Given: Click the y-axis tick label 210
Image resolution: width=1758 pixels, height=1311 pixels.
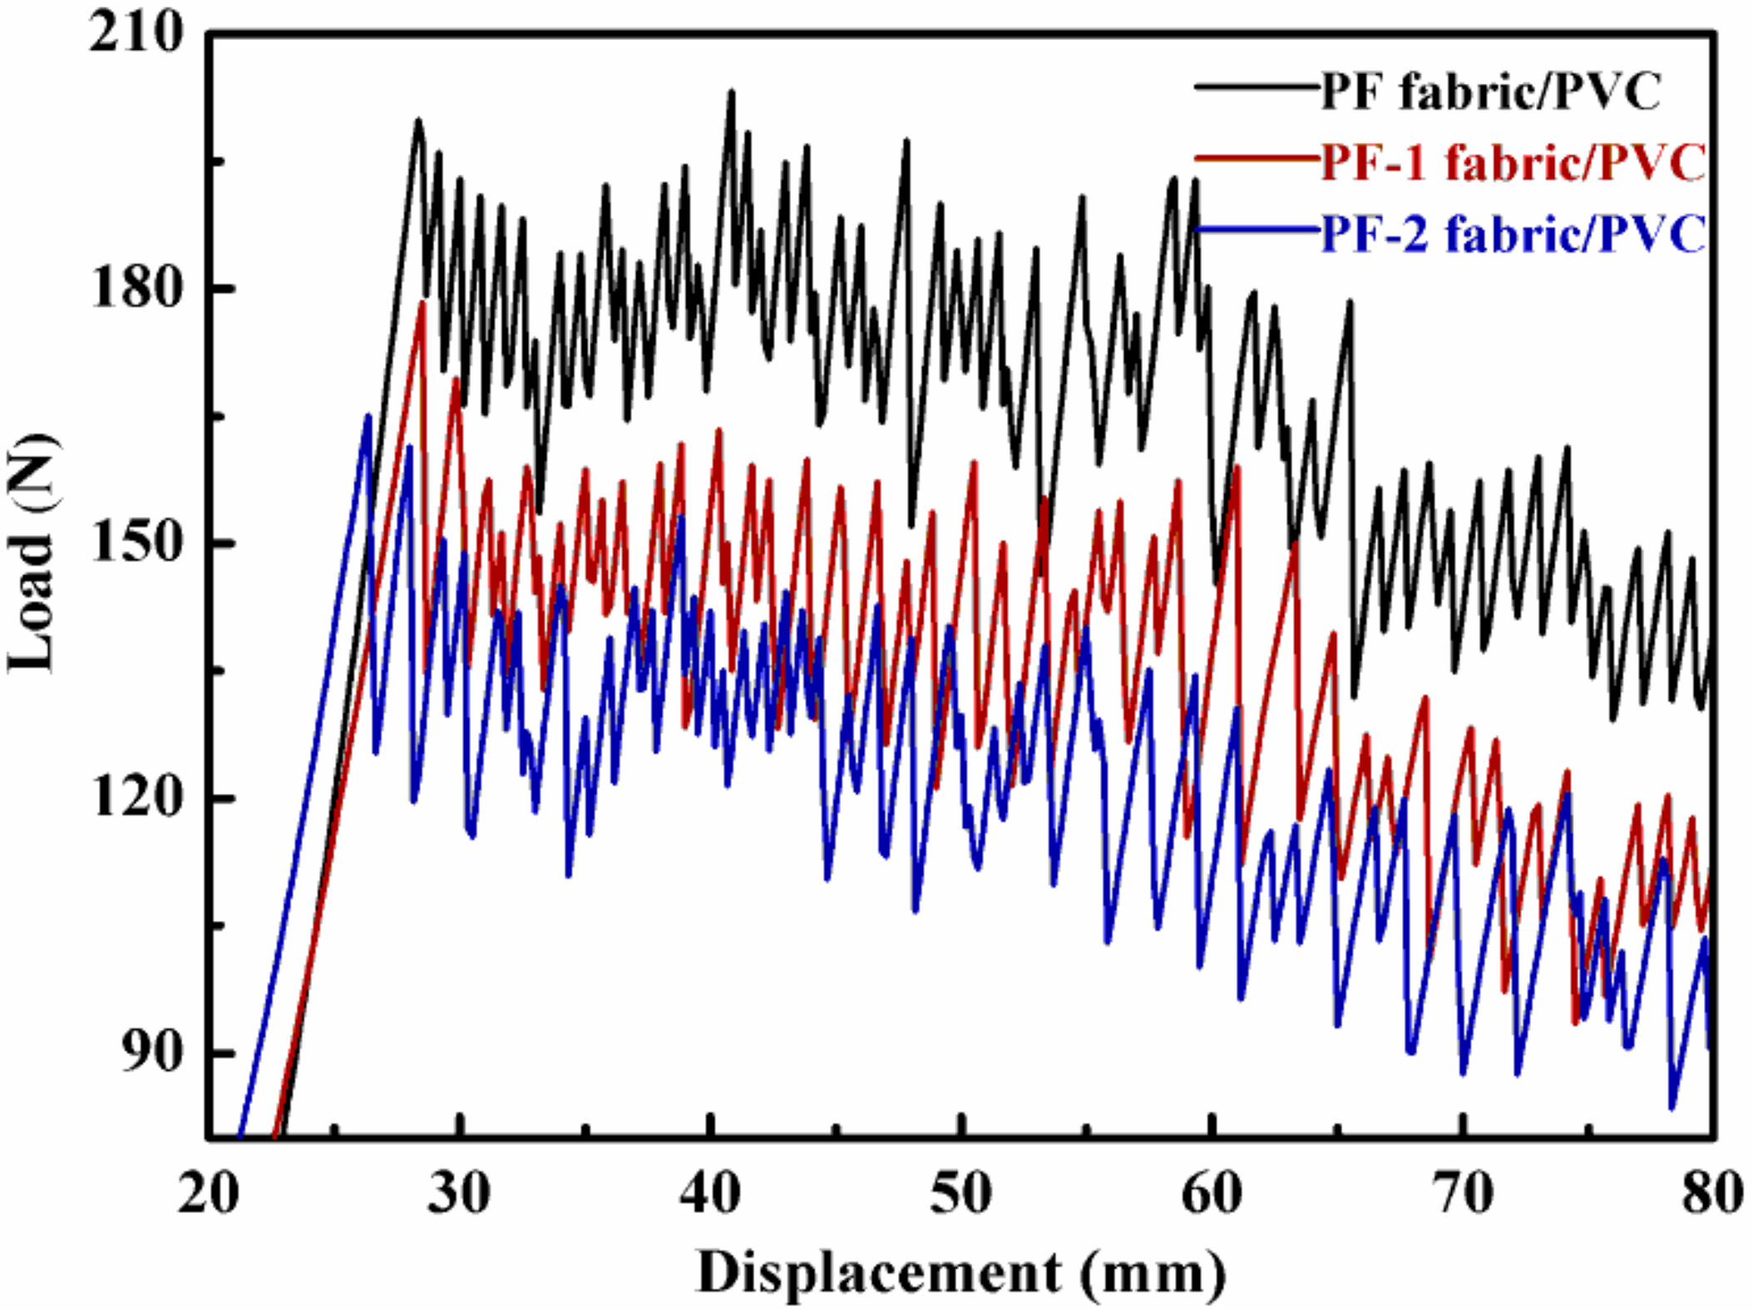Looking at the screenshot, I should pyautogui.click(x=136, y=35).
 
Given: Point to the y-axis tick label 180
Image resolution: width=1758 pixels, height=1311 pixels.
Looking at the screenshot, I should pyautogui.click(x=136, y=289).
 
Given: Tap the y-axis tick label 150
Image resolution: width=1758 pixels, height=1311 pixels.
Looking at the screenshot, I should pyautogui.click(x=136, y=545).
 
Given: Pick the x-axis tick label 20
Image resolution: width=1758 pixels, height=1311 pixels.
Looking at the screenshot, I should pyautogui.click(x=208, y=1195).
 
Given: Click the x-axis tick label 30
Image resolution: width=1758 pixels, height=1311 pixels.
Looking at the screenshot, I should pyautogui.click(x=459, y=1195).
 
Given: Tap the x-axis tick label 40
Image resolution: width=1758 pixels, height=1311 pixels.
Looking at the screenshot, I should pyautogui.click(x=709, y=1195).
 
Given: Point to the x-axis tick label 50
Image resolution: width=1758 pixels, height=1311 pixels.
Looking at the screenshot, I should pyautogui.click(x=960, y=1195).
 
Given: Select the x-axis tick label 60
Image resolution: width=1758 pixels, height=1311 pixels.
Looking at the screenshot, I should pyautogui.click(x=1212, y=1195).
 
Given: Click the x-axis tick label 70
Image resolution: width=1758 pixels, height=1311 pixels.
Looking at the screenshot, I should pyautogui.click(x=1464, y=1195).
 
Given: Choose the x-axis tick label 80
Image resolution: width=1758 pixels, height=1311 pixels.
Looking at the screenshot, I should pyautogui.click(x=1711, y=1195).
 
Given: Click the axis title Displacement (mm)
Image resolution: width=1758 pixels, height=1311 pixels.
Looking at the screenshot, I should pyautogui.click(x=960, y=1273).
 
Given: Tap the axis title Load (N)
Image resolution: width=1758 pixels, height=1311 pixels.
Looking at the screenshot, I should pyautogui.click(x=33, y=553).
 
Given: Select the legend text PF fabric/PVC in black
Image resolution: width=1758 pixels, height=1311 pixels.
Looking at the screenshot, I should pyautogui.click(x=1490, y=91).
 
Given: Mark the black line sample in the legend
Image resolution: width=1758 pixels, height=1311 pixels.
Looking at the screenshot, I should pyautogui.click(x=1256, y=86).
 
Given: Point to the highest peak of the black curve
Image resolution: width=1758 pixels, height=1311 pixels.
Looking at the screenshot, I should pyautogui.click(x=732, y=91).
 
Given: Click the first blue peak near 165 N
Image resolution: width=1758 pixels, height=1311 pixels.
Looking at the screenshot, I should pyautogui.click(x=368, y=415).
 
